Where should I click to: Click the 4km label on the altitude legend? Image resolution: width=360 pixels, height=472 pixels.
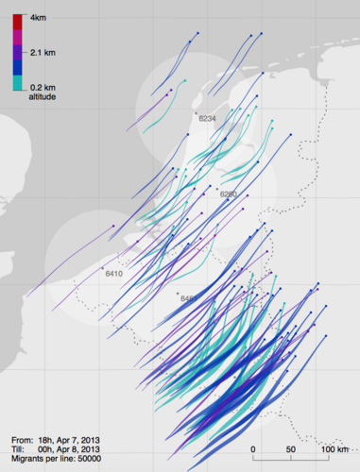(x=39, y=19)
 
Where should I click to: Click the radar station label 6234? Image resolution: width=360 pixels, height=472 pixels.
(x=208, y=118)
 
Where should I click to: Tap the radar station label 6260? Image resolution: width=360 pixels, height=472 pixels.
(x=228, y=194)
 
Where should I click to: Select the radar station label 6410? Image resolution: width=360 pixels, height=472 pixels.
(x=114, y=274)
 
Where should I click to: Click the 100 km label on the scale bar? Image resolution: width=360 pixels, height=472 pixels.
(x=336, y=449)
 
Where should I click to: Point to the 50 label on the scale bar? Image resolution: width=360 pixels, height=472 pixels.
(x=292, y=449)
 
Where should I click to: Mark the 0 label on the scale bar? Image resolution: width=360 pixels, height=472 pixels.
(x=253, y=449)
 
